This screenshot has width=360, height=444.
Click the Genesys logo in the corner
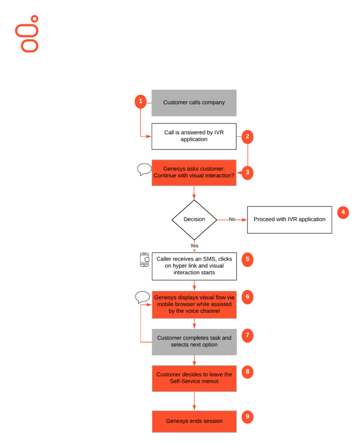[x=27, y=34]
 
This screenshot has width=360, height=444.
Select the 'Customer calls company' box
[x=194, y=103]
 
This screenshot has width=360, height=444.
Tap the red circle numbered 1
[x=141, y=102]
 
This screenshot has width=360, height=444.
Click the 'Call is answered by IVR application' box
[x=194, y=136]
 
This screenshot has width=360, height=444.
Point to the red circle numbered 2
[x=247, y=136]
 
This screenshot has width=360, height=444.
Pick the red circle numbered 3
[x=247, y=173]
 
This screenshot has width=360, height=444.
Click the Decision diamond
[x=194, y=219]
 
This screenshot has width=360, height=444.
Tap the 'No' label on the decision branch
[x=232, y=219]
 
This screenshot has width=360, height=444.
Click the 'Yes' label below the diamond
[x=194, y=245]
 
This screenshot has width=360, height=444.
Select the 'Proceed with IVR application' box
[x=289, y=219]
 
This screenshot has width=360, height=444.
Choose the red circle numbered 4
[x=343, y=213]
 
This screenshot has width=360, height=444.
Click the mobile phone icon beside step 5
[x=144, y=260]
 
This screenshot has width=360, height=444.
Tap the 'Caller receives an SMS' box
[x=194, y=266]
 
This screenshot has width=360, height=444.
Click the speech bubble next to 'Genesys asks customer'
[x=144, y=169]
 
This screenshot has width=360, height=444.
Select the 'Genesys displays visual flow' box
[x=194, y=304]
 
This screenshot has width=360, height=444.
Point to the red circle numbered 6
[x=247, y=297]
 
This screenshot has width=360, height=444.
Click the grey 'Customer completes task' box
[x=194, y=341]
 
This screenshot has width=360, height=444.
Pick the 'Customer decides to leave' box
[x=194, y=378]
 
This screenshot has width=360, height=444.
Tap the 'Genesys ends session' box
[x=194, y=421]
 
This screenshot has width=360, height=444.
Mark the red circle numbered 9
[x=247, y=417]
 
